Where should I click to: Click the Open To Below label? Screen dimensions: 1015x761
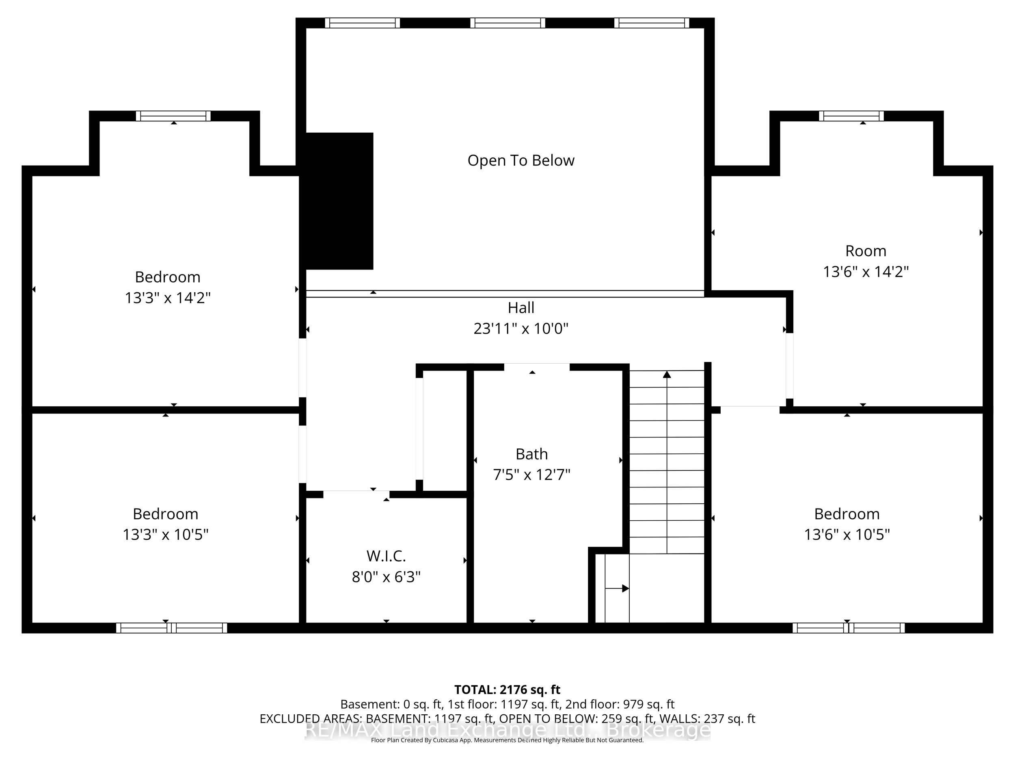[x=521, y=161]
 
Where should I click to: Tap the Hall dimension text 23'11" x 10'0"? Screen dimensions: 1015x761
[x=521, y=328]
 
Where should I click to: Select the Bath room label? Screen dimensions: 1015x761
[x=531, y=454]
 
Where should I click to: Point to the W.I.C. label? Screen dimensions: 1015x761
[x=386, y=556]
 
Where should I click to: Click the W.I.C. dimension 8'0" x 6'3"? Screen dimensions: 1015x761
[x=386, y=577]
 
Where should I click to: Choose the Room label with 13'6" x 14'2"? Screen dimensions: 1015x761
[x=866, y=251]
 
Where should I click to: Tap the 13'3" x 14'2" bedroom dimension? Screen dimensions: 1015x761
[x=168, y=298]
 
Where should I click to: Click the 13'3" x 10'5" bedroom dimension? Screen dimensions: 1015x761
[x=165, y=535]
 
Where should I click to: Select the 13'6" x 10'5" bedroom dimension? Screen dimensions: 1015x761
[x=847, y=535]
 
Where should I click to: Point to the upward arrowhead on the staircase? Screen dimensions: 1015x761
[x=667, y=374]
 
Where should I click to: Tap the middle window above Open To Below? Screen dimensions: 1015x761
[x=508, y=23]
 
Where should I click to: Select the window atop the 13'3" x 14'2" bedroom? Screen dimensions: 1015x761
[x=173, y=116]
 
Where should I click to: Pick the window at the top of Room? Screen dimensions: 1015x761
[x=851, y=116]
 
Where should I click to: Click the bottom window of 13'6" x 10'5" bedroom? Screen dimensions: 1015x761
[x=849, y=628]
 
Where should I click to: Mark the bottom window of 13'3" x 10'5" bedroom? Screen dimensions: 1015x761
[x=171, y=628]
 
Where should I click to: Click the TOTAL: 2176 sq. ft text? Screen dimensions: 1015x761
[x=507, y=690]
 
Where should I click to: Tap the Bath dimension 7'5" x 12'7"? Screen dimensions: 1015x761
[x=531, y=474]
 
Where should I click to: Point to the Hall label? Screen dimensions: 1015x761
[x=521, y=307]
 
